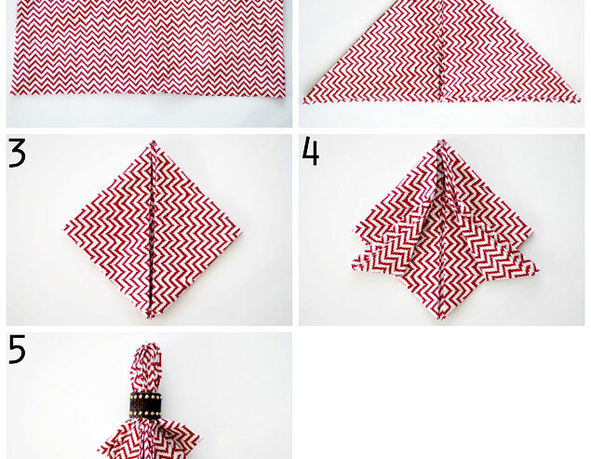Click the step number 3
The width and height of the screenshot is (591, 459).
[17, 153]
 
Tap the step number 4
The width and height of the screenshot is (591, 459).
[311, 151]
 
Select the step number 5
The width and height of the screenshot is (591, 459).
[17, 350]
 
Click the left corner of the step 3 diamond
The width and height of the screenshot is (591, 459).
[65, 228]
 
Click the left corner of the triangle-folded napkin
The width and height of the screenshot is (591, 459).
[303, 101]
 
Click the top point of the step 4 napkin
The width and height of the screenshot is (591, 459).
[442, 142]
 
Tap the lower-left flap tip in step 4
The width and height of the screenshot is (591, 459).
[354, 269]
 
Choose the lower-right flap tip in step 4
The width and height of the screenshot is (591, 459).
[537, 271]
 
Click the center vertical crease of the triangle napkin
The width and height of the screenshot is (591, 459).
[439, 56]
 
